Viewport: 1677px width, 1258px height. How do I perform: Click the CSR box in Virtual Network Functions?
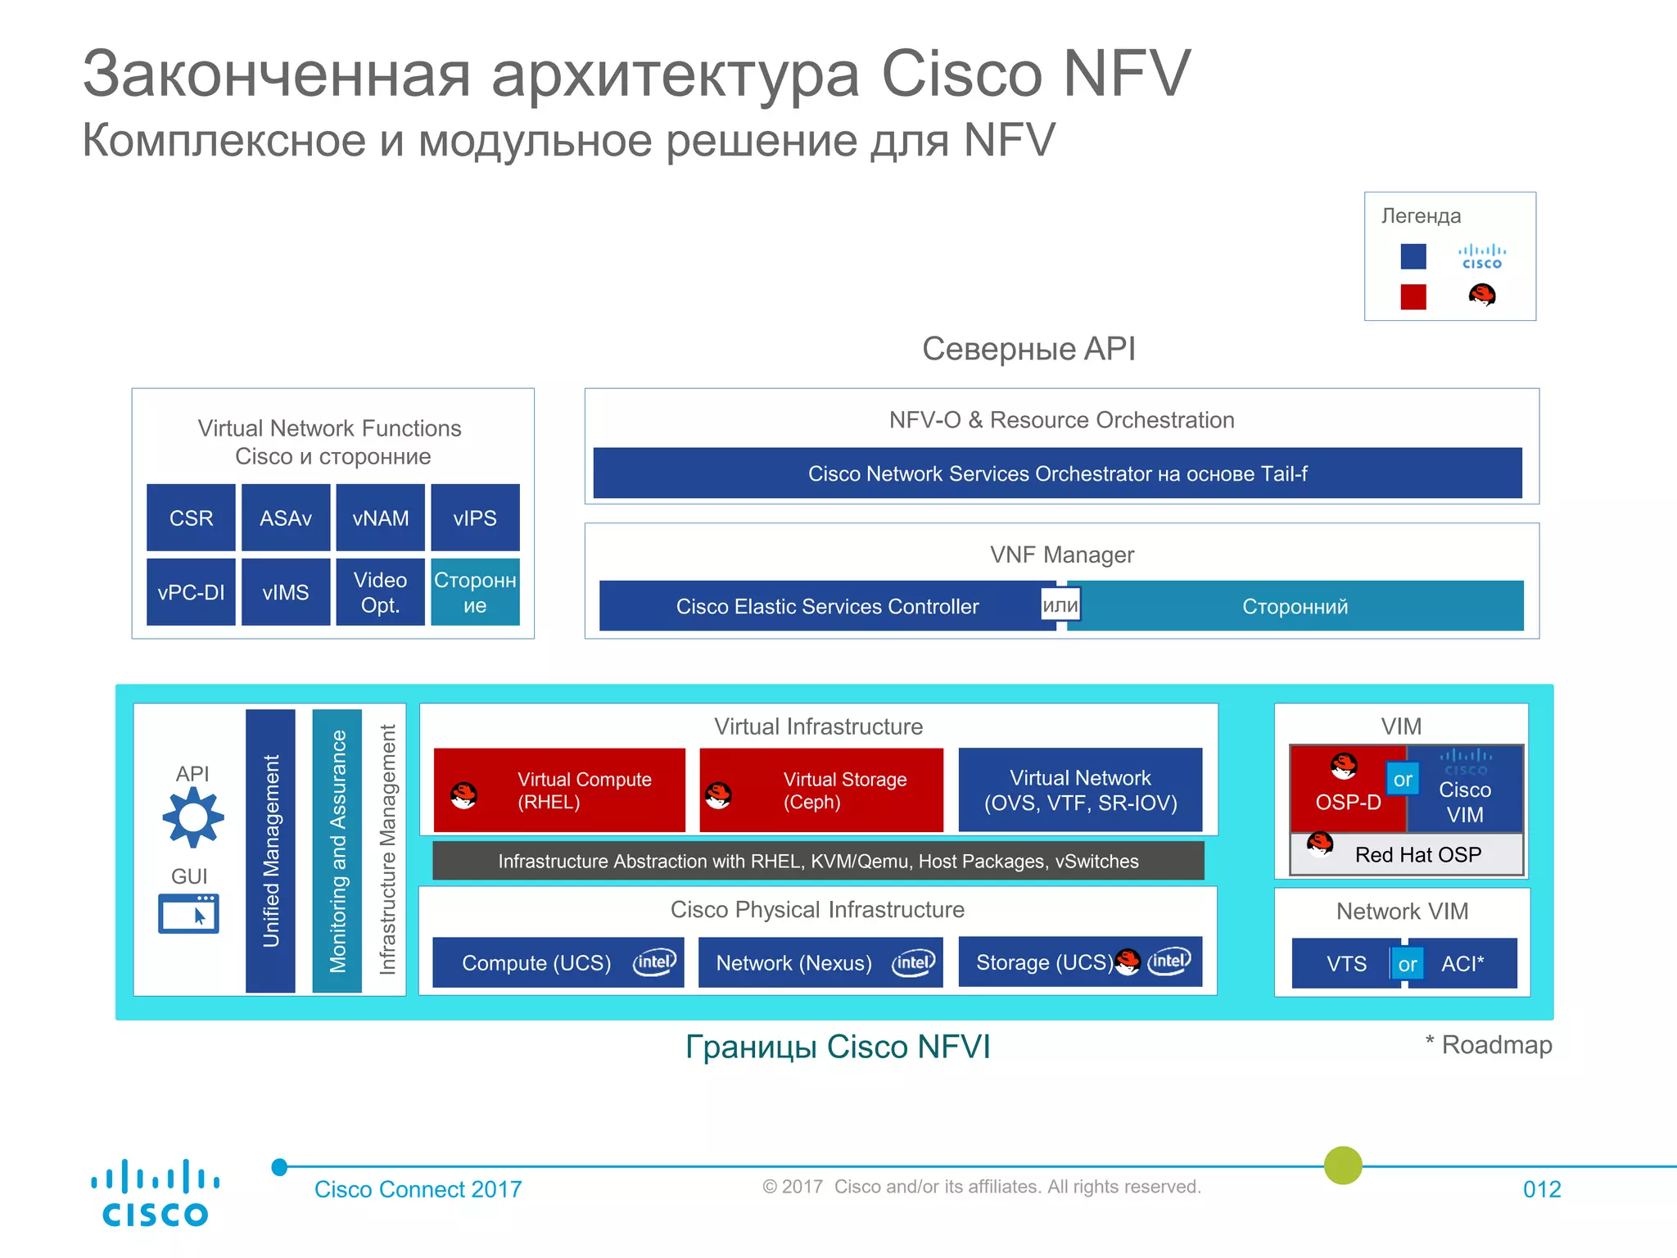click(x=191, y=518)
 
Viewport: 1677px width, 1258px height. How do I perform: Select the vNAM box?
click(x=380, y=518)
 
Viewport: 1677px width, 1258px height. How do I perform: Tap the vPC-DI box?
click(x=191, y=592)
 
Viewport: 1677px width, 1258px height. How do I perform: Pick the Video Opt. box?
click(x=380, y=592)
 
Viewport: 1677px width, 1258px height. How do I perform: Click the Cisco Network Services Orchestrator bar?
click(x=1057, y=473)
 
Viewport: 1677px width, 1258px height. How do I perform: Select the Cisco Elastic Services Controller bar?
click(x=827, y=606)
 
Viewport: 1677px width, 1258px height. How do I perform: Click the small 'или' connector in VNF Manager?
click(x=1060, y=605)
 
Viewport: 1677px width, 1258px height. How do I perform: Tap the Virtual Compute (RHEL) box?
click(x=559, y=790)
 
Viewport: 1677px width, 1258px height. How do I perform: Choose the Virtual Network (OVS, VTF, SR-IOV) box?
click(x=1080, y=790)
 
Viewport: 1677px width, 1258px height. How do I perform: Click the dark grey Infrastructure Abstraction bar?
click(x=818, y=861)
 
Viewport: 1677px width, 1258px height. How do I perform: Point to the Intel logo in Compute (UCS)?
click(x=654, y=962)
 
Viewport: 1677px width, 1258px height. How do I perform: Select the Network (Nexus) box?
click(x=820, y=962)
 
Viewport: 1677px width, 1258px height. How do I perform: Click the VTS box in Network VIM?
click(x=1345, y=963)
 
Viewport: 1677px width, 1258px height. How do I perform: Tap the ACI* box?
click(x=1463, y=963)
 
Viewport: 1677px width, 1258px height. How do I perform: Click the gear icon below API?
click(x=192, y=817)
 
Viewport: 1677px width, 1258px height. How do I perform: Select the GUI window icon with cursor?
click(x=188, y=913)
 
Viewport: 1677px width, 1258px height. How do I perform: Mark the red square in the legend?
click(x=1413, y=296)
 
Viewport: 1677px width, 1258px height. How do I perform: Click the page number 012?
click(x=1542, y=1189)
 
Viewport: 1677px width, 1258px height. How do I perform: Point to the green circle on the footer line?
click(x=1343, y=1165)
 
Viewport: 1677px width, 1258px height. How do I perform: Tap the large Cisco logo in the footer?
click(x=155, y=1192)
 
